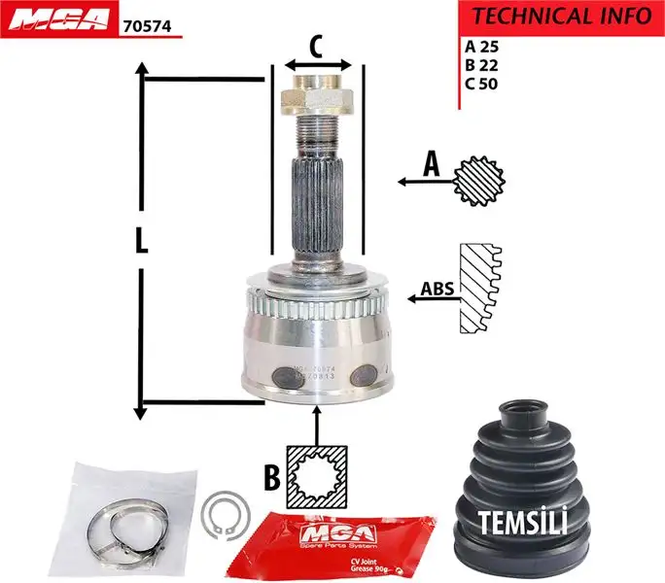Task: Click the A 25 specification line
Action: click(482, 46)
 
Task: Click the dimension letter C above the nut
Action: click(316, 45)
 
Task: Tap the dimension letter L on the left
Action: click(142, 242)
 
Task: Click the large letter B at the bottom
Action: click(271, 477)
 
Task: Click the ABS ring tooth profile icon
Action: click(481, 289)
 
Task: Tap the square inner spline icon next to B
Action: click(317, 476)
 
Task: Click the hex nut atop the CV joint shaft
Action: click(315, 99)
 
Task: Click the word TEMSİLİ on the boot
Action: click(522, 523)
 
